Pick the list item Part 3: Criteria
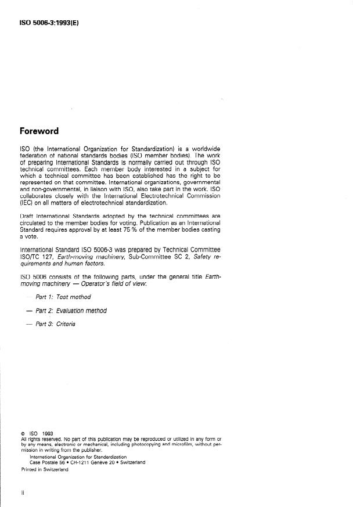55,324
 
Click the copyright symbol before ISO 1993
22,433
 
